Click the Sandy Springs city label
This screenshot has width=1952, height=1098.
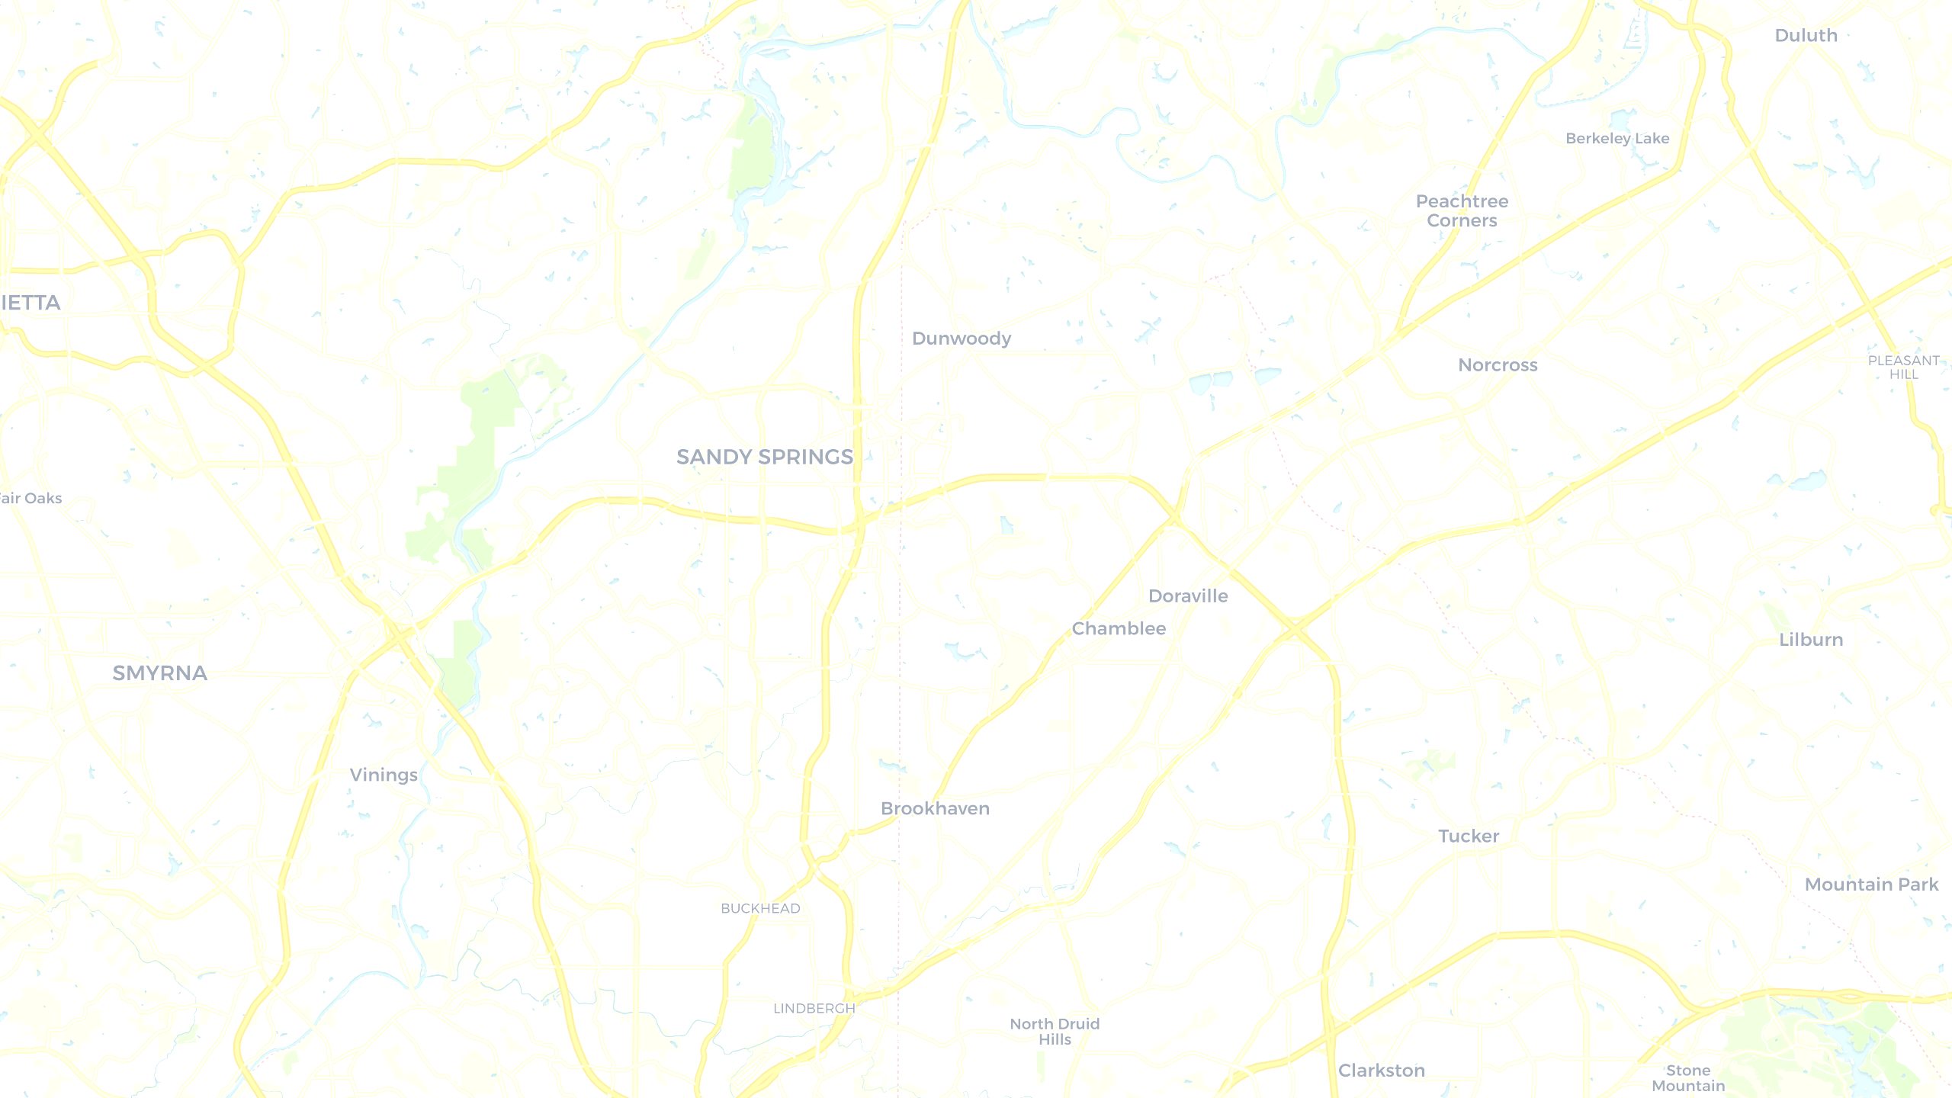[x=764, y=457]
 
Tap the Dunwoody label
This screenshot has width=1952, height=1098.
[x=962, y=339]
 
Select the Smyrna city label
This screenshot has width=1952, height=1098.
[x=159, y=673]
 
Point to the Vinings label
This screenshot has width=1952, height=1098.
[x=384, y=775]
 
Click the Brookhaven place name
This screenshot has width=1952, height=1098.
[x=935, y=808]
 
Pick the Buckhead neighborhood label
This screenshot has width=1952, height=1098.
[x=760, y=908]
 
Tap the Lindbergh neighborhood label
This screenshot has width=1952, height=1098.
[x=814, y=1008]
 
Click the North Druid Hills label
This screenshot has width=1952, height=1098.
[x=1055, y=1031]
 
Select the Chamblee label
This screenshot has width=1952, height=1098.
[x=1119, y=628]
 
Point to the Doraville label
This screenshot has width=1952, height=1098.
[x=1188, y=596]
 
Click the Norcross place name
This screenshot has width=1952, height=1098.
[x=1498, y=364]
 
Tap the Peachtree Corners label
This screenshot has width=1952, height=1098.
[x=1462, y=210]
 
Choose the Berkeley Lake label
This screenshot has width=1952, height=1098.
[x=1617, y=138]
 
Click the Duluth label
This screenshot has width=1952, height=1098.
[x=1806, y=35]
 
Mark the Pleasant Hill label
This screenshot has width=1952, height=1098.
[x=1903, y=367]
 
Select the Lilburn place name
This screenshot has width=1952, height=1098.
[x=1811, y=640]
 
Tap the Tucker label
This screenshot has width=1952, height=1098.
[x=1469, y=836]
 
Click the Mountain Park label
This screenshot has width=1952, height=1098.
[x=1871, y=884]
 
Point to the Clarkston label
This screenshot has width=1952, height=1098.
[x=1382, y=1071]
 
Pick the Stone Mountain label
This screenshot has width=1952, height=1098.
[x=1688, y=1077]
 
